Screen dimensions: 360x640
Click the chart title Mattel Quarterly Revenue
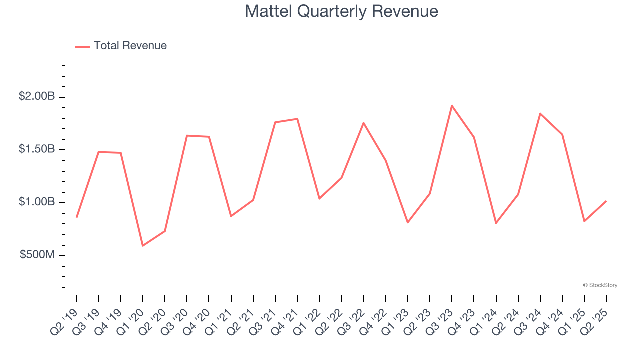pyautogui.click(x=341, y=11)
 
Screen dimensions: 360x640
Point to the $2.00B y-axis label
pyautogui.click(x=36, y=96)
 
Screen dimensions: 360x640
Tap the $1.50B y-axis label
pyautogui.click(x=36, y=149)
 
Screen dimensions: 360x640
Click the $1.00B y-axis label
pyautogui.click(x=36, y=202)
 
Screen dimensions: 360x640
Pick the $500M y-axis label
pyautogui.click(x=37, y=255)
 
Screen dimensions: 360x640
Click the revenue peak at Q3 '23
pyautogui.click(x=452, y=106)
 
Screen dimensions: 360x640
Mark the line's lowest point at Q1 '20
pyautogui.click(x=143, y=246)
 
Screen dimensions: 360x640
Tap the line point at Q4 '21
pyautogui.click(x=297, y=119)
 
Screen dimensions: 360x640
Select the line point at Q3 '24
pyautogui.click(x=540, y=114)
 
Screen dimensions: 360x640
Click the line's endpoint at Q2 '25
pyautogui.click(x=606, y=201)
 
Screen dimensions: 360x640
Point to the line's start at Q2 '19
pyautogui.click(x=76, y=217)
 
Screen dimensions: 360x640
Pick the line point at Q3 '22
pyautogui.click(x=363, y=123)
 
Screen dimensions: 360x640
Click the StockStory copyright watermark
pyautogui.click(x=600, y=285)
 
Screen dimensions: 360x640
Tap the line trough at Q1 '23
pyautogui.click(x=408, y=222)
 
